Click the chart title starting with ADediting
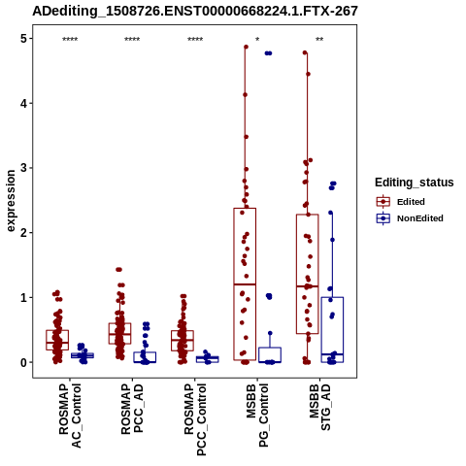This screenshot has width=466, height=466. point(195,11)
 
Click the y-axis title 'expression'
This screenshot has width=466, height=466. point(11,201)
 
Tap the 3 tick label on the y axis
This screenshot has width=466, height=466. point(23,168)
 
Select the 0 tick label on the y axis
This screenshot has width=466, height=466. point(23,362)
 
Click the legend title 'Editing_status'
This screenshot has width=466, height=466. point(415,183)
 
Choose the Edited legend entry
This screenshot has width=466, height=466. point(401,202)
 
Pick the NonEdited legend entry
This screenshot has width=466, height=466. point(410,218)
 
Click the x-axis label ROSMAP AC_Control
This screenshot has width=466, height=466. point(70,416)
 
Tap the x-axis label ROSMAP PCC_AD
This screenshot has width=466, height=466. point(132,409)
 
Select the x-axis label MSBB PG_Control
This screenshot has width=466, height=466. point(257,416)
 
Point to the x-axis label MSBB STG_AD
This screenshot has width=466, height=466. point(320,407)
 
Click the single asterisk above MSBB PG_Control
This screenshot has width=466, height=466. point(257,40)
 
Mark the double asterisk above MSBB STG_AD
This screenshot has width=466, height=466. point(319,40)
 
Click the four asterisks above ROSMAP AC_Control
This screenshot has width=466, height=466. point(70,40)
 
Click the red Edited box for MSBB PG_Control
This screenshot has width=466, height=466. point(245,284)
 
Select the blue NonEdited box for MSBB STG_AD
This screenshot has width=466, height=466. point(332,329)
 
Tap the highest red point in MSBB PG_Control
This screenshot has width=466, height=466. point(246,47)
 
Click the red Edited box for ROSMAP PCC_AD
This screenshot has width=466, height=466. point(120,333)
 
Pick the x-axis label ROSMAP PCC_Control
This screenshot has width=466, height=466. point(195,419)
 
